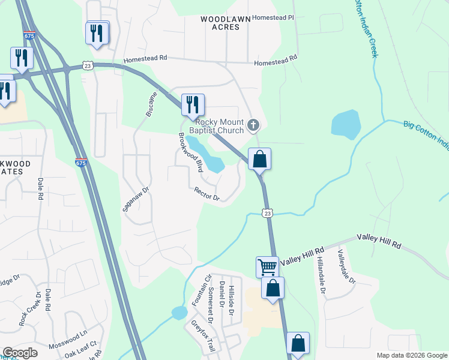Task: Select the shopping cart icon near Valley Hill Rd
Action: pos(267,266)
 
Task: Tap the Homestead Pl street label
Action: pos(273,18)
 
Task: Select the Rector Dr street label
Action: pos(207,194)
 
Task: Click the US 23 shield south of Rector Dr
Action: pos(268,213)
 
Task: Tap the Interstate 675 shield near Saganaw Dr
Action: pos(81,162)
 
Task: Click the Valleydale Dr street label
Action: pos(346,266)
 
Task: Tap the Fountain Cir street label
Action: pos(195,290)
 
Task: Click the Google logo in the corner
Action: pos(20,353)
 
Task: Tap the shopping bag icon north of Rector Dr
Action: pos(259,159)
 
